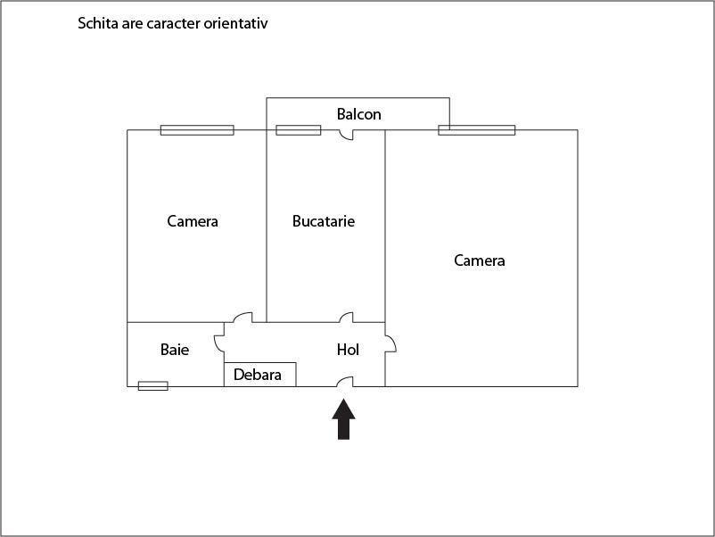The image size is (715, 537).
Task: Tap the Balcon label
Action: pos(358,114)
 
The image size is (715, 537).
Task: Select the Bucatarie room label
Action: pos(324,221)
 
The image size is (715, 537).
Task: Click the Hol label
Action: pos(348,350)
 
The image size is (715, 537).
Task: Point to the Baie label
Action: pos(175,350)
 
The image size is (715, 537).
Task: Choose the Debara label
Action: pos(258,375)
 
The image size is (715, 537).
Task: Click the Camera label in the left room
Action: pos(193,221)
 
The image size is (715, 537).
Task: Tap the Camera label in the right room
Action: pos(480,260)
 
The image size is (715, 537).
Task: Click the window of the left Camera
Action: pos(197,130)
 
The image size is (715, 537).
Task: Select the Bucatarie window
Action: pos(298,130)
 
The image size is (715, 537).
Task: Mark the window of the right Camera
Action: pos(477,130)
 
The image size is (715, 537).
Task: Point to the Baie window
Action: pos(152,386)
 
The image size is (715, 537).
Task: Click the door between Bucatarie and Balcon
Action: pos(347,135)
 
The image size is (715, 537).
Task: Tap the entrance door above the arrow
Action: pos(345,383)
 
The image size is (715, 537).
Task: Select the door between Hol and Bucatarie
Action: pos(346,318)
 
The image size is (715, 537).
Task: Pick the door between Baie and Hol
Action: pos(219,343)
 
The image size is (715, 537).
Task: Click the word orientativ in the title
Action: pos(234,23)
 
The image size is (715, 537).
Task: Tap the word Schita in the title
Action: pos(97,23)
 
